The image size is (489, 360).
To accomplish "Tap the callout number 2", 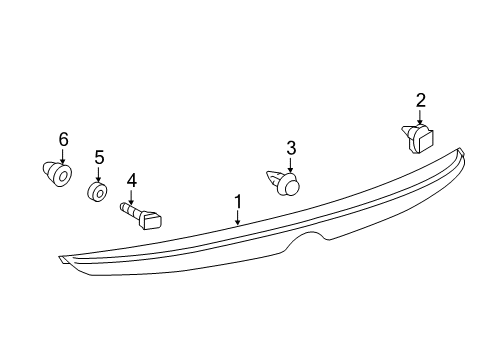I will pyautogui.click(x=421, y=99).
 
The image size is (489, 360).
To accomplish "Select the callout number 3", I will pyautogui.click(x=291, y=148).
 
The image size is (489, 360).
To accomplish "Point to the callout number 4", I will pyautogui.click(x=130, y=181).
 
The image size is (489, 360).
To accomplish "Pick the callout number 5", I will pyautogui.click(x=99, y=157).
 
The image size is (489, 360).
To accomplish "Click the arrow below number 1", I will pyautogui.click(x=238, y=218).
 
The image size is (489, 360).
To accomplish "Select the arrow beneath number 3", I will pyautogui.click(x=291, y=166).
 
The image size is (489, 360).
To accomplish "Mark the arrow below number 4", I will pyautogui.click(x=130, y=197).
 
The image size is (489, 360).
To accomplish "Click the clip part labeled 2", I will pyautogui.click(x=419, y=138).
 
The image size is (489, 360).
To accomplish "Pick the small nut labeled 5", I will pyautogui.click(x=98, y=191).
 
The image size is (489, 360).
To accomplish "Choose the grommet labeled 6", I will pyautogui.click(x=58, y=176).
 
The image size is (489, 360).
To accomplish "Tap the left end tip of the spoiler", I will pyautogui.click(x=63, y=261).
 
